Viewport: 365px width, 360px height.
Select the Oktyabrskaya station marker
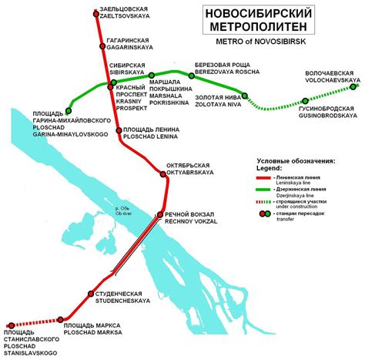pyautogui.click(x=162, y=168)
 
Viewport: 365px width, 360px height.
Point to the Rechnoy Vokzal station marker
pyautogui.click(x=159, y=215)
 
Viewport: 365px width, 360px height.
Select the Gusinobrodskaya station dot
pyautogui.click(x=305, y=101)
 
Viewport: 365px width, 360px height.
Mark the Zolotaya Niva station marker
pyautogui.click(x=245, y=96)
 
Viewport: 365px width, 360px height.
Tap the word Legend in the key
pyautogui.click(x=271, y=168)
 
